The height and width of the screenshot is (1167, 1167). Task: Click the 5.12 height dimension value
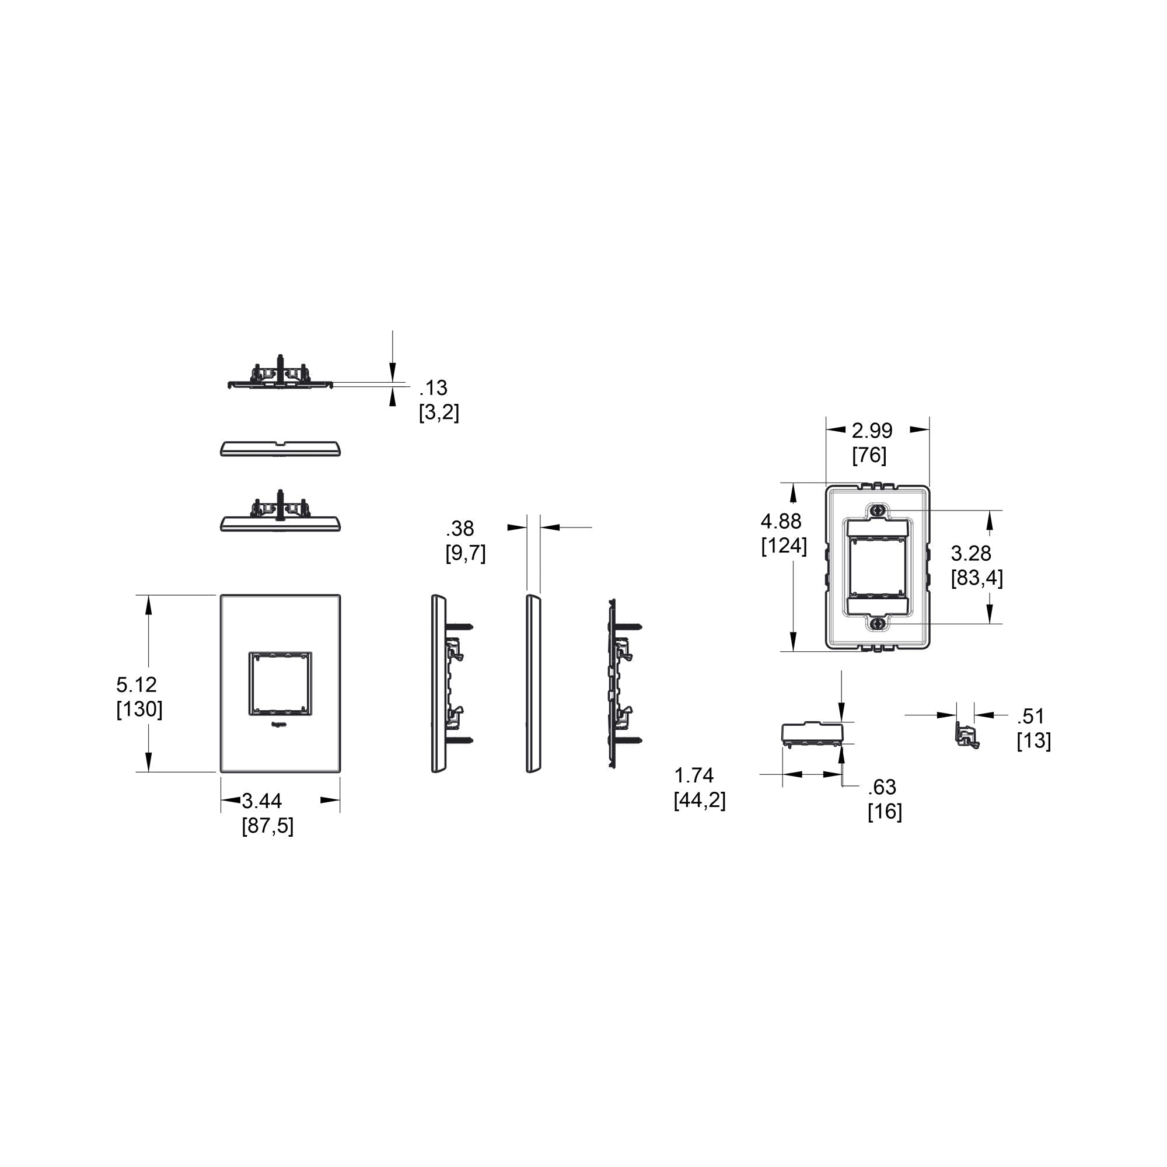(137, 684)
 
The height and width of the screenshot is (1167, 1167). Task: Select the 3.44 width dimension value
(261, 801)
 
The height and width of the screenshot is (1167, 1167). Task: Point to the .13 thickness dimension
(434, 387)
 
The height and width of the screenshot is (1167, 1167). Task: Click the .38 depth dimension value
(460, 529)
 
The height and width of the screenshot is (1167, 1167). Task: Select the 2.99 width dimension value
(872, 431)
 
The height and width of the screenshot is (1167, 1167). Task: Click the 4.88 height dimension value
(781, 520)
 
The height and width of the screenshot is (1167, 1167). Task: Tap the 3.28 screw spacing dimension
(972, 553)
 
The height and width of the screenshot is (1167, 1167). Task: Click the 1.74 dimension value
(694, 775)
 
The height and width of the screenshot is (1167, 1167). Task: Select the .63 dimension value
(882, 787)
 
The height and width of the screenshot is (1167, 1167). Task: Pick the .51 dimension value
(1030, 716)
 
